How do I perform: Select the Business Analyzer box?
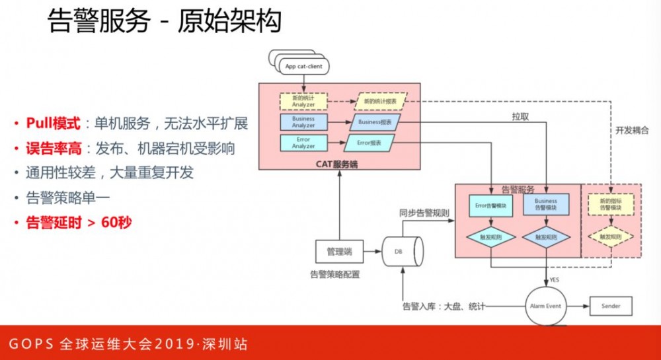[303, 122]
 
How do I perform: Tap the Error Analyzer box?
[303, 142]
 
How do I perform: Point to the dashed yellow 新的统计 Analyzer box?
[303, 102]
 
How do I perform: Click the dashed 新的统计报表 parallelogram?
[380, 102]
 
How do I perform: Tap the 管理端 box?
[338, 251]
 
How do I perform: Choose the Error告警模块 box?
[490, 205]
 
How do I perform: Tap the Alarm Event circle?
[545, 306]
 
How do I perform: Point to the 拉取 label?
[520, 117]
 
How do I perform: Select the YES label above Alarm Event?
[554, 279]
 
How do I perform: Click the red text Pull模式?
[54, 124]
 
